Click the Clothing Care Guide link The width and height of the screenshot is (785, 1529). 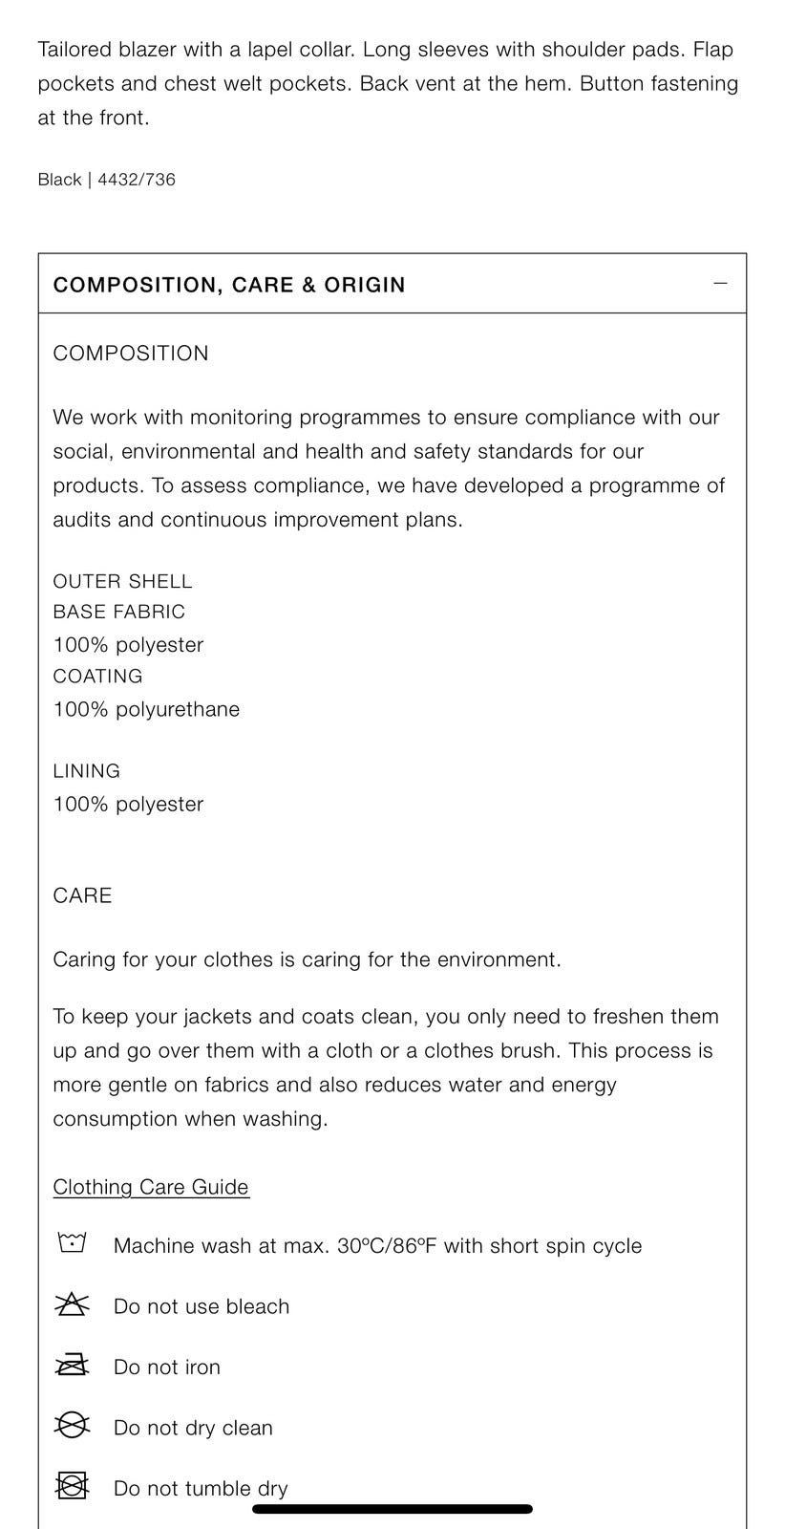(151, 1187)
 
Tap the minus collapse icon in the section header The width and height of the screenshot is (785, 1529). (720, 283)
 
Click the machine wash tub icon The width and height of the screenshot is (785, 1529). (72, 1243)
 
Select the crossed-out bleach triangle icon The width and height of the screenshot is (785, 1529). (72, 1304)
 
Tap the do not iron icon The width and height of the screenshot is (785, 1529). (72, 1366)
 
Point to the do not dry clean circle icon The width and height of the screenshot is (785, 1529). (72, 1426)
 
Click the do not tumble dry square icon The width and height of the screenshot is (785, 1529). (72, 1486)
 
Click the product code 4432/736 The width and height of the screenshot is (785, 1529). (137, 180)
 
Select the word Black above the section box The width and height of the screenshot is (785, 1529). (59, 180)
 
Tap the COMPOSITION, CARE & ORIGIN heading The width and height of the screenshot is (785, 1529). (229, 285)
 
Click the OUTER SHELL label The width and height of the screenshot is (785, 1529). (122, 581)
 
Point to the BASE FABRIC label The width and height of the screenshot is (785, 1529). (118, 612)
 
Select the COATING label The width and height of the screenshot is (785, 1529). (97, 676)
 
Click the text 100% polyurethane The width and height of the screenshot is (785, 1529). (146, 709)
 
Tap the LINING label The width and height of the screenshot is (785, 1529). (86, 770)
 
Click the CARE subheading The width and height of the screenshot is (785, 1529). (82, 895)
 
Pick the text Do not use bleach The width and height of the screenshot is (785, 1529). (201, 1306)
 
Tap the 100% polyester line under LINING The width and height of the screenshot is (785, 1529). (128, 804)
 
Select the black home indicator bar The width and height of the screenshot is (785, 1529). (392, 1509)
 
